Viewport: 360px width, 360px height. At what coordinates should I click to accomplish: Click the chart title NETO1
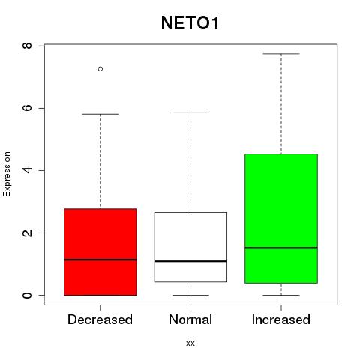pyautogui.click(x=190, y=23)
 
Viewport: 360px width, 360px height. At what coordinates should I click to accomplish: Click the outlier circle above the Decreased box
pyautogui.click(x=100, y=69)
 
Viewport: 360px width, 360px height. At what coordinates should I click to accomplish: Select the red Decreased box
pyautogui.click(x=100, y=252)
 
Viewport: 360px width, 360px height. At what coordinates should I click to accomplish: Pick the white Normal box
pyautogui.click(x=190, y=247)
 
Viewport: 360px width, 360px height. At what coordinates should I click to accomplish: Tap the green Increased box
pyautogui.click(x=281, y=218)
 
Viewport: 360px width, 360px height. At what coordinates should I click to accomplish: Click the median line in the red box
pyautogui.click(x=100, y=259)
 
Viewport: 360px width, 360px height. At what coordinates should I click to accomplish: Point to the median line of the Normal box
pyautogui.click(x=190, y=261)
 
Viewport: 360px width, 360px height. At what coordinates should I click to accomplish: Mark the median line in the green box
pyautogui.click(x=281, y=247)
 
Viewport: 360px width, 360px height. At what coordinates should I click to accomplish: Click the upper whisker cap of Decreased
pyautogui.click(x=100, y=114)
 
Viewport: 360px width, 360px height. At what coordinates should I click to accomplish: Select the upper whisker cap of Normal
pyautogui.click(x=190, y=112)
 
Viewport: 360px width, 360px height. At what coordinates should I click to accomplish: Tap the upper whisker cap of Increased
pyautogui.click(x=281, y=54)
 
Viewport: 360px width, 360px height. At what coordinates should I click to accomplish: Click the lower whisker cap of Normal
pyautogui.click(x=190, y=295)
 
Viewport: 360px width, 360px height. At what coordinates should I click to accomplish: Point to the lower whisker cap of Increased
pyautogui.click(x=281, y=295)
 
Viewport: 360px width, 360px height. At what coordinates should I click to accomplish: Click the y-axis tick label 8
pyautogui.click(x=27, y=46)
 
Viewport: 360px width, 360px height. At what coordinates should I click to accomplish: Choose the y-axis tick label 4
pyautogui.click(x=27, y=170)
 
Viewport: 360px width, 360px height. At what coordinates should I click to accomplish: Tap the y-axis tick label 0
pyautogui.click(x=27, y=295)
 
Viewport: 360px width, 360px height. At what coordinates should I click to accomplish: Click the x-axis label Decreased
pyautogui.click(x=100, y=319)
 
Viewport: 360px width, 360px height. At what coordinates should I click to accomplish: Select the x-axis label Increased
pyautogui.click(x=281, y=319)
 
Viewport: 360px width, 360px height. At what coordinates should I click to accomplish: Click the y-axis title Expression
pyautogui.click(x=7, y=174)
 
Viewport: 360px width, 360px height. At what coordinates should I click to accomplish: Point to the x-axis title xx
pyautogui.click(x=190, y=343)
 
